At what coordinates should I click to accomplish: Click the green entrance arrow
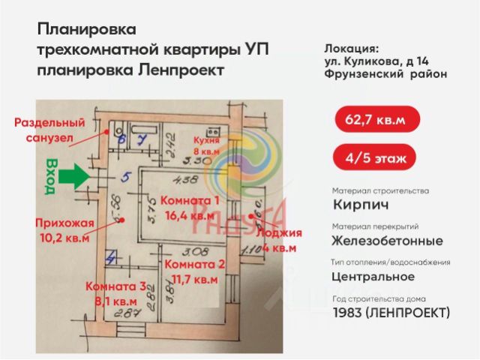73,178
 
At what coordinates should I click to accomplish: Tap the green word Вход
51,176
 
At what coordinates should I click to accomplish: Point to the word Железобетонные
386,241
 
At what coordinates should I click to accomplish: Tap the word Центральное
373,276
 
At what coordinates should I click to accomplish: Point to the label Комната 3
117,286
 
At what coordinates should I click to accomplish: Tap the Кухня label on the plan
204,140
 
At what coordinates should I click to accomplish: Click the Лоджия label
277,233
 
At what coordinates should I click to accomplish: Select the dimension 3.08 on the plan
193,251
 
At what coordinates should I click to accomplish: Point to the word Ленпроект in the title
181,70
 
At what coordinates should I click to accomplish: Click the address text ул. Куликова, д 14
382,60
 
